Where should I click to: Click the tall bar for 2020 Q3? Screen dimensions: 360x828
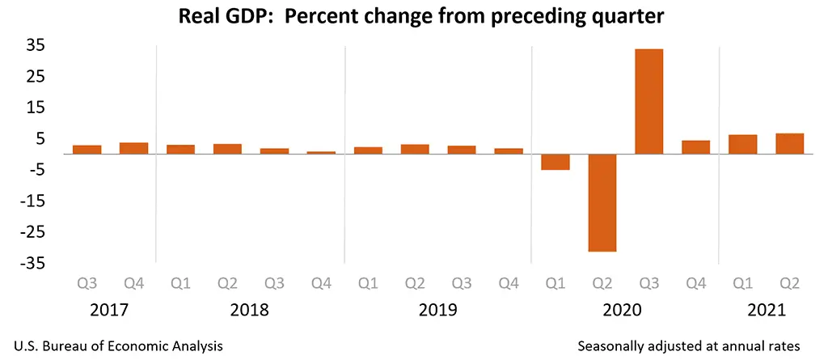point(649,101)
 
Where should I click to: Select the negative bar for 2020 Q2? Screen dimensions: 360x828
point(602,202)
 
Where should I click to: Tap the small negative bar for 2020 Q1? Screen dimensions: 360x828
point(556,162)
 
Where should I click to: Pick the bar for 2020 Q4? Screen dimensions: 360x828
point(696,147)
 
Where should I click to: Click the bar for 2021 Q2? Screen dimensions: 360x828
point(790,144)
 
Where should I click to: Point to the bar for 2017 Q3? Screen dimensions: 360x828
point(87,150)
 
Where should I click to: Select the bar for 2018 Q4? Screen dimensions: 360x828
point(322,152)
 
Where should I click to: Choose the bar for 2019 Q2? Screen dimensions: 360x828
point(416,149)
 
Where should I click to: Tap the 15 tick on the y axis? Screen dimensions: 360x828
point(32,108)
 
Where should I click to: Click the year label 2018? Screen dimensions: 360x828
point(250,310)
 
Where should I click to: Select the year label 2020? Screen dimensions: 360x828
point(623,310)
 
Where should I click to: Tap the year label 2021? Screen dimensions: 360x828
point(766,310)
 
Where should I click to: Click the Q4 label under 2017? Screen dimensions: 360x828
point(134,284)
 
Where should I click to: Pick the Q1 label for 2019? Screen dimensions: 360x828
point(369,284)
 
